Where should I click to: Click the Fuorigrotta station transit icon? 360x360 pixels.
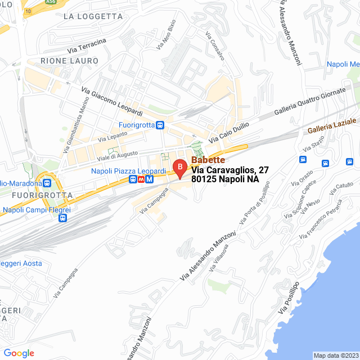pyautogui.click(x=161, y=125)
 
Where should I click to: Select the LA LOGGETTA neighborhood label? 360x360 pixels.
pyautogui.click(x=93, y=16)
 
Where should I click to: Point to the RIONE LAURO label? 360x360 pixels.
pyautogui.click(x=69, y=60)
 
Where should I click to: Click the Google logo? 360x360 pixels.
pyautogui.click(x=19, y=353)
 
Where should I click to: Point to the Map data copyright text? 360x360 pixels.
pyautogui.click(x=335, y=355)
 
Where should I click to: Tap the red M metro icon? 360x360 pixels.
pyautogui.click(x=149, y=179)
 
